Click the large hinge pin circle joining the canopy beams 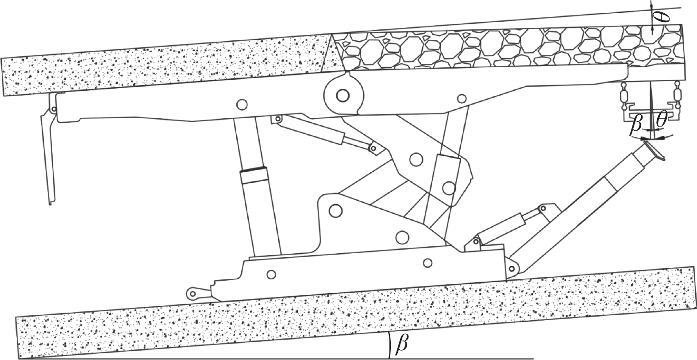[x=343, y=96]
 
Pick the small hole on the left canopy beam [x=242, y=105]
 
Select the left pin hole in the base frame [x=271, y=275]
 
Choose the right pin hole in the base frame [x=428, y=263]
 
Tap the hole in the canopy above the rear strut [x=462, y=99]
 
